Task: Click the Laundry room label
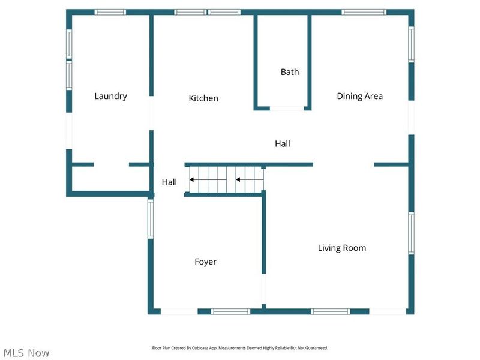[x=110, y=97]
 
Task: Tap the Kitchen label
[x=203, y=98]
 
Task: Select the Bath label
[x=290, y=72]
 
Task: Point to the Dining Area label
[x=359, y=97]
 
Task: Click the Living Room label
[x=342, y=248]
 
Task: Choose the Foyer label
[x=205, y=262]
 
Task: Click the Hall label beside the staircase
[x=169, y=182]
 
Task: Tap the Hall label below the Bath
[x=282, y=144]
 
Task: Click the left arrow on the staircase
[x=208, y=179]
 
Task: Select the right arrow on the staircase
[x=250, y=179]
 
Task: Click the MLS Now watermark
[x=26, y=353]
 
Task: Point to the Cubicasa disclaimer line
[x=240, y=348]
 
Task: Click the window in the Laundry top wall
[x=110, y=12]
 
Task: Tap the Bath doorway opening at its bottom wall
[x=287, y=108]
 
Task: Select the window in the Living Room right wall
[x=412, y=233]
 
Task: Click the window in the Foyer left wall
[x=151, y=219]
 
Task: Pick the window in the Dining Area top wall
[x=364, y=12]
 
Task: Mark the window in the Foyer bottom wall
[x=230, y=311]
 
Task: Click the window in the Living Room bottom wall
[x=331, y=311]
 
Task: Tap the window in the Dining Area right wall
[x=412, y=44]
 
